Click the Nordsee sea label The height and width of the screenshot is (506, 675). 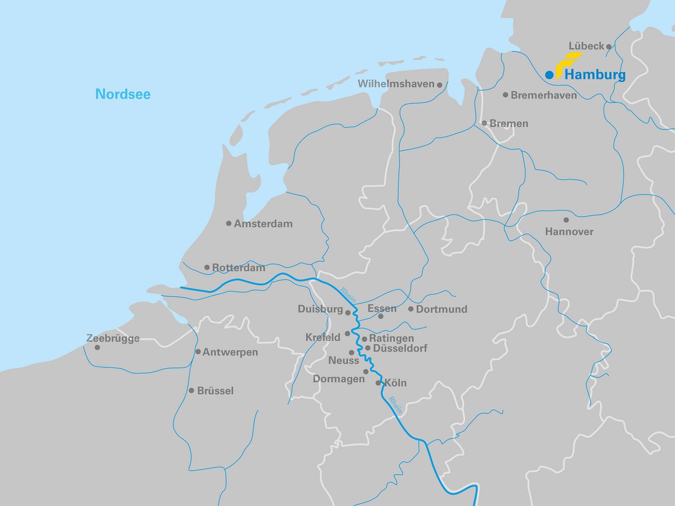coord(122,94)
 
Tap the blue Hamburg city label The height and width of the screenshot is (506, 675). coord(595,75)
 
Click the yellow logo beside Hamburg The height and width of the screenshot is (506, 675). coord(567,64)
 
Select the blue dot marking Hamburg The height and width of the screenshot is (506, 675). coord(548,75)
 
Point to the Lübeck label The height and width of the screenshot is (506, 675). coord(586,46)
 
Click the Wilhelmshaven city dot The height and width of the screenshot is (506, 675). coord(440,85)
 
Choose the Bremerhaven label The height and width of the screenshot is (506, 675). coord(544,95)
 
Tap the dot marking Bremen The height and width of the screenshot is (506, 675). coord(484,123)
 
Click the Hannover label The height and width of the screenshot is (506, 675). coord(569,232)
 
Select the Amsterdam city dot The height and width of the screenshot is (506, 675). coord(228,223)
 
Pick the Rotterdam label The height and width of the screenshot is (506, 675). coord(239,268)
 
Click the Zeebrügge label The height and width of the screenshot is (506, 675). coord(113,338)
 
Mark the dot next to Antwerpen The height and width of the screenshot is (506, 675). coord(198,351)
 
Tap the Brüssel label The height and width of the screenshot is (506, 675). coord(215,390)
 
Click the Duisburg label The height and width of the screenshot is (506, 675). coord(320,309)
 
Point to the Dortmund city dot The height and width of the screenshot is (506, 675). coord(411,309)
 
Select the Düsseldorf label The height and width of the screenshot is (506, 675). coord(400,348)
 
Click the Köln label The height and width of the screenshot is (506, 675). coord(395,383)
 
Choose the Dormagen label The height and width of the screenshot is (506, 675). coord(339,379)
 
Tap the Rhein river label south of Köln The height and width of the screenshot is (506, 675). coord(395,406)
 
